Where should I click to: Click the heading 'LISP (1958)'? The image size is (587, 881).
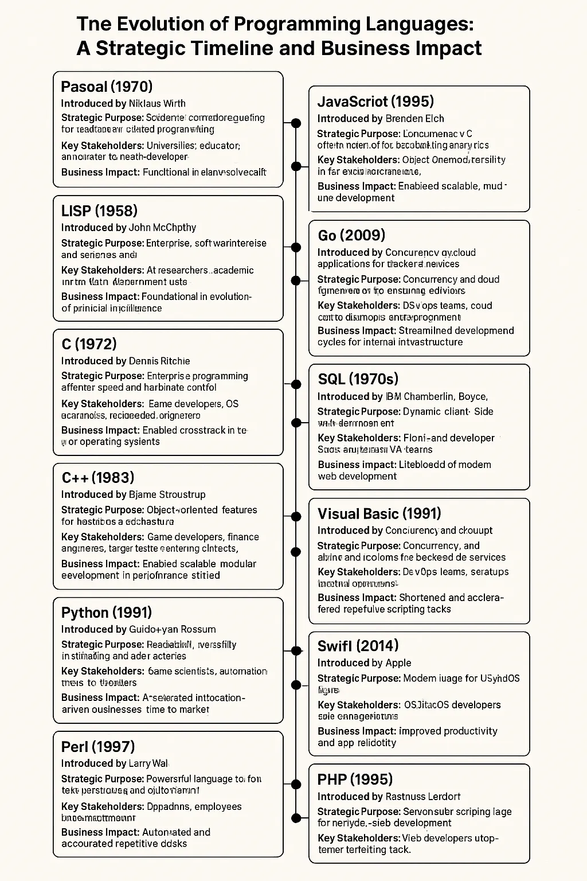pyautogui.click(x=99, y=210)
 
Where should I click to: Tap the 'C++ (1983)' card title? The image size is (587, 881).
pyautogui.click(x=97, y=477)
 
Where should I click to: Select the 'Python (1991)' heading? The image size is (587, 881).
pyautogui.click(x=106, y=612)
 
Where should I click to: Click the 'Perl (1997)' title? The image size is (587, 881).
pyautogui.click(x=97, y=746)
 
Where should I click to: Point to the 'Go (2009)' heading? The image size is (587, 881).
pyautogui.click(x=351, y=235)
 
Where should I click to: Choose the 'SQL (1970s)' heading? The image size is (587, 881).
pyautogui.click(x=358, y=379)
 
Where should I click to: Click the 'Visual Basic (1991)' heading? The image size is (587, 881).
pyautogui.click(x=379, y=513)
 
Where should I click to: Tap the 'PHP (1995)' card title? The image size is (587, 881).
pyautogui.click(x=355, y=779)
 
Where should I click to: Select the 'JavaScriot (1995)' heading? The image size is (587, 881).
pyautogui.click(x=375, y=102)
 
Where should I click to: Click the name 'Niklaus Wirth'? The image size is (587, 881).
pyautogui.click(x=157, y=103)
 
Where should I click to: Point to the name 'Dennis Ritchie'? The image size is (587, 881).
pyautogui.click(x=159, y=361)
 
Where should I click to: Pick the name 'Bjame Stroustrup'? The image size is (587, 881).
pyautogui.click(x=167, y=494)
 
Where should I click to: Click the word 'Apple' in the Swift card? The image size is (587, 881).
pyautogui.click(x=398, y=662)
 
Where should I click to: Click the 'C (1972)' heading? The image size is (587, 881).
pyautogui.click(x=88, y=344)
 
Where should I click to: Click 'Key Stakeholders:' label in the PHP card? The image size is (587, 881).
pyautogui.click(x=358, y=838)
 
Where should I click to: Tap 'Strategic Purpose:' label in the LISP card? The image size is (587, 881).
pyautogui.click(x=102, y=243)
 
